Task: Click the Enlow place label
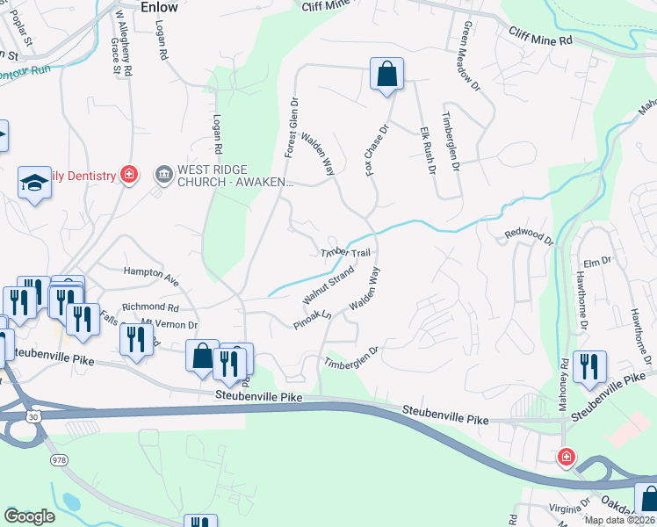[x=159, y=7]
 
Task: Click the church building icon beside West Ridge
[x=163, y=175]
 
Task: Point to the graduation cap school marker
[x=34, y=183]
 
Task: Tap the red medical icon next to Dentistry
[x=129, y=175]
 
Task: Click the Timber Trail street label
[x=346, y=253]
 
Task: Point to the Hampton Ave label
[x=151, y=276]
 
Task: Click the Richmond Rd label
[x=150, y=307]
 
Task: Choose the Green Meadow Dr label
[x=470, y=60]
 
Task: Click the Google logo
[x=30, y=516]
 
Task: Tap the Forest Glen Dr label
[x=291, y=128]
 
